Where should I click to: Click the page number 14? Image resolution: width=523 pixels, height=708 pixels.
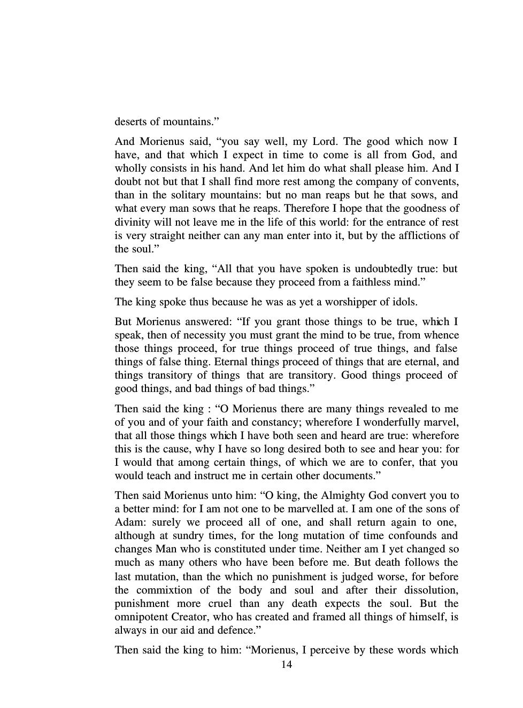point(286,664)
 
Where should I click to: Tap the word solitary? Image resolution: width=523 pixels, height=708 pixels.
point(184,195)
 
